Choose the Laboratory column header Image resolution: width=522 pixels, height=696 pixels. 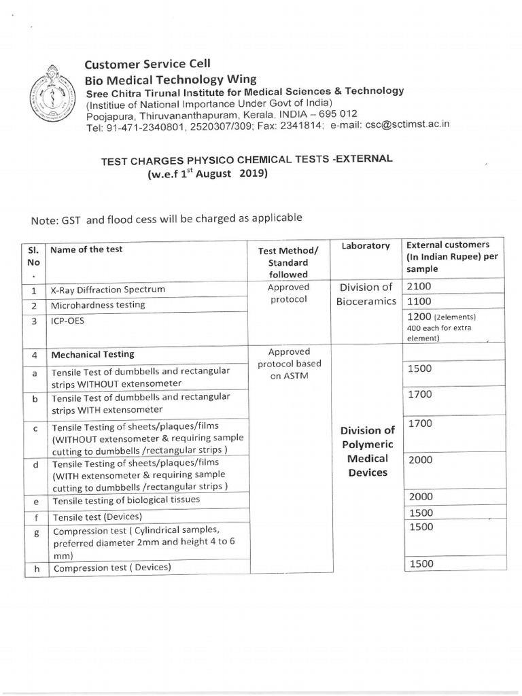point(366,246)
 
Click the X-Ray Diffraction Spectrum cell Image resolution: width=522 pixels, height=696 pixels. point(109,290)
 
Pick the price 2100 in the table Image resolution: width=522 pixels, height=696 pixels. point(419,287)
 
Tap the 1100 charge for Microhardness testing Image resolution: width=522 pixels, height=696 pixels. point(419,302)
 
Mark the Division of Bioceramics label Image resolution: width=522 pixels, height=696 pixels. point(366,294)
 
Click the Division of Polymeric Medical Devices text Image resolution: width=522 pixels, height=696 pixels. point(368,451)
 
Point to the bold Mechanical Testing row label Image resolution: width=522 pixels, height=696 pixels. point(93,354)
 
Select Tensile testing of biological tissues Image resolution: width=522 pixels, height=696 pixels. point(126,500)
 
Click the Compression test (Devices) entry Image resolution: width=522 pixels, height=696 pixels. point(112,568)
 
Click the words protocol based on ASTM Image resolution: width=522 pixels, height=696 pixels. point(289,370)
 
